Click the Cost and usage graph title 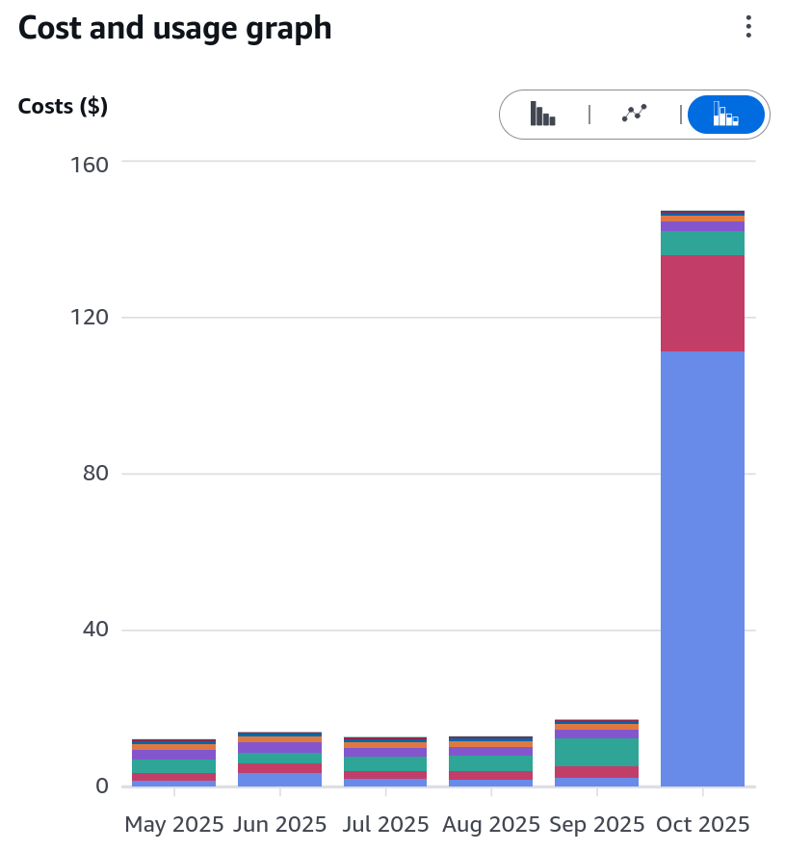(174, 28)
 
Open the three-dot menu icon (748, 27)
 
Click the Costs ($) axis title (63, 106)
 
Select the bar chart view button (542, 114)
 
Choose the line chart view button (635, 114)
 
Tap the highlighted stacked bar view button (725, 114)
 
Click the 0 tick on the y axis (100, 787)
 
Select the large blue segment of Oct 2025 (702, 568)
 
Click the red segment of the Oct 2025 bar (702, 303)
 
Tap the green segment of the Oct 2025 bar (702, 243)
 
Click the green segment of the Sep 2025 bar (596, 752)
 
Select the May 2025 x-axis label (174, 825)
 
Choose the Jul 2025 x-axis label (385, 825)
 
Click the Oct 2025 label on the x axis (702, 825)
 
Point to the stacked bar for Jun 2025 (279, 761)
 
